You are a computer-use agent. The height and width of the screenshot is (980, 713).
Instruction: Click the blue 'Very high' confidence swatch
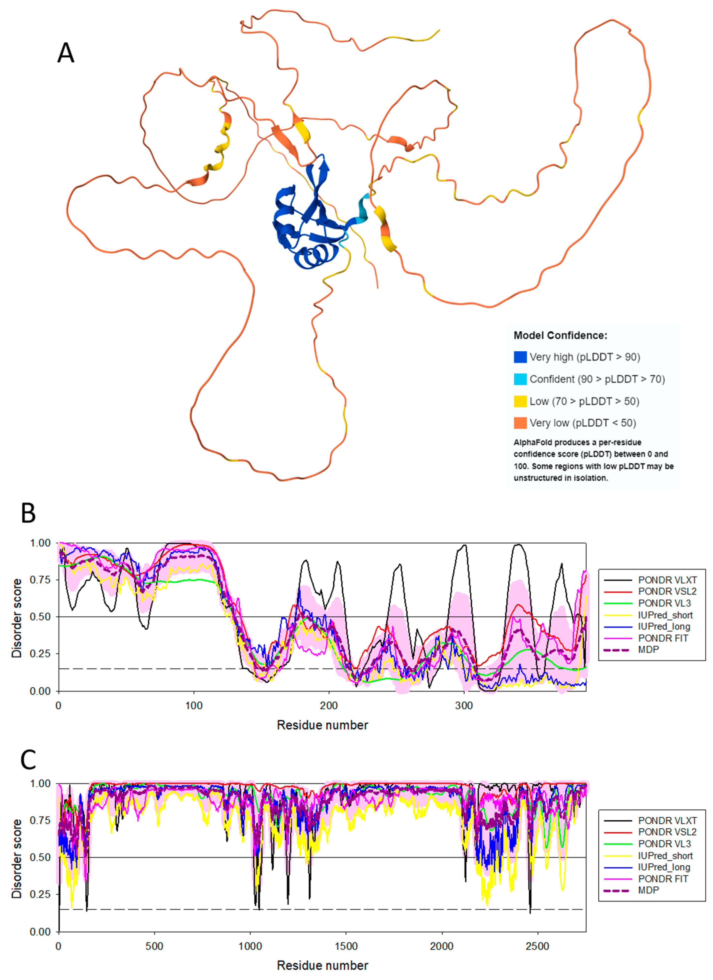tap(520, 357)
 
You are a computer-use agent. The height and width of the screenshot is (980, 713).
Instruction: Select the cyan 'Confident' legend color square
tap(520, 379)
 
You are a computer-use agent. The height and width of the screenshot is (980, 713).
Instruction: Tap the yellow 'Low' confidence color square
tap(520, 401)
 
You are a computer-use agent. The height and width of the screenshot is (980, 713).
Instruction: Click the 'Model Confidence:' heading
tap(560, 335)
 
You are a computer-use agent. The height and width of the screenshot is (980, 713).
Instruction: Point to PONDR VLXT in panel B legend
tap(667, 580)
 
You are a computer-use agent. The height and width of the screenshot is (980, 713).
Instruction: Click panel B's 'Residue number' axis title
tap(322, 725)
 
